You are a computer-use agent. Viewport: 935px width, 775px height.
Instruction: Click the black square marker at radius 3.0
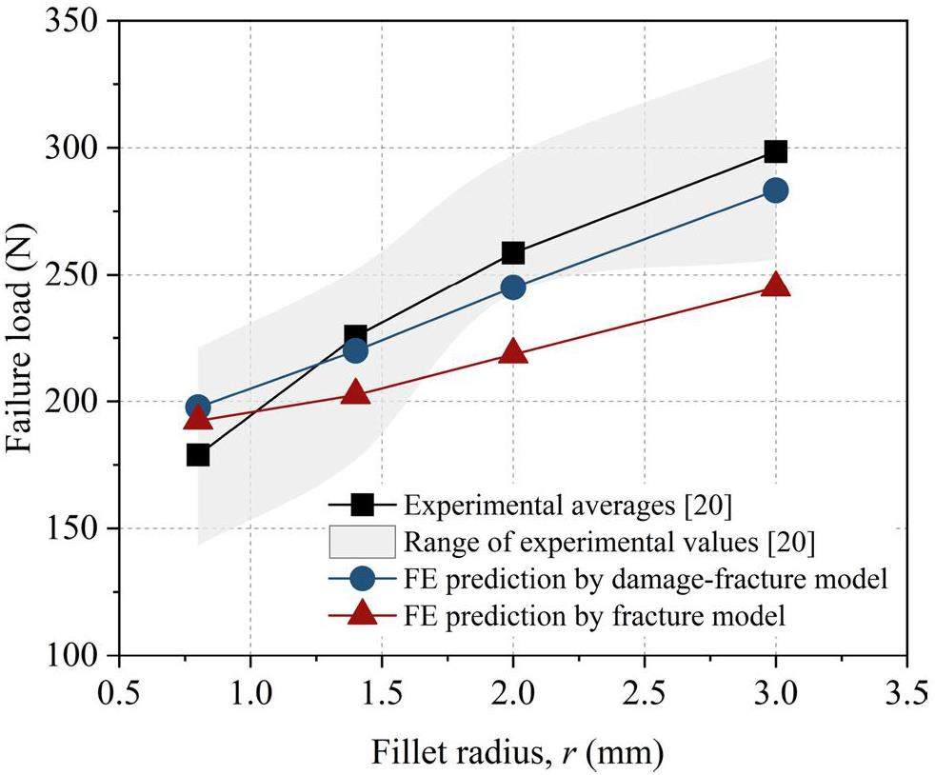pos(775,150)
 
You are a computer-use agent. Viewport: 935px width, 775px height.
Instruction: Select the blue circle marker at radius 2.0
pos(513,287)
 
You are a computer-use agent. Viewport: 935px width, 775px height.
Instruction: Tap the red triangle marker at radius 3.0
pos(775,285)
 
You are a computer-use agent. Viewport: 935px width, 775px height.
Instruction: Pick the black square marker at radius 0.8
pos(198,454)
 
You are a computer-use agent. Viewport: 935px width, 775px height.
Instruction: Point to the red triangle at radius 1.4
pos(355,391)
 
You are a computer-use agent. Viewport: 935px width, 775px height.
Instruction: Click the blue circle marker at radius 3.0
pos(775,190)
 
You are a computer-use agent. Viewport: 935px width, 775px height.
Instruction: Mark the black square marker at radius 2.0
pos(513,252)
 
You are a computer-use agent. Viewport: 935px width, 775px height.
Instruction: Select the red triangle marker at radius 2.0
pos(513,351)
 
